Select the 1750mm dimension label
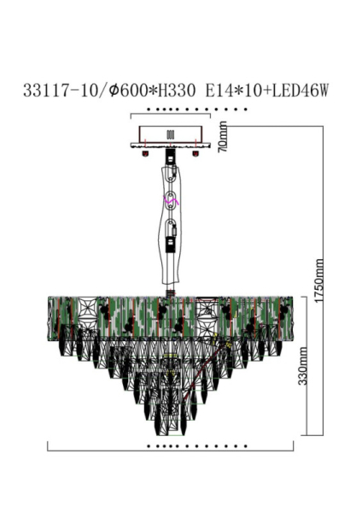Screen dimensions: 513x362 point(319,283)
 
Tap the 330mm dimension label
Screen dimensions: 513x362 point(303,388)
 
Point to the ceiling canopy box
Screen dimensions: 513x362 point(170,137)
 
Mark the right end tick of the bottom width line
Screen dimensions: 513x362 point(293,445)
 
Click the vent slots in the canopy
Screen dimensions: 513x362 point(169,134)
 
